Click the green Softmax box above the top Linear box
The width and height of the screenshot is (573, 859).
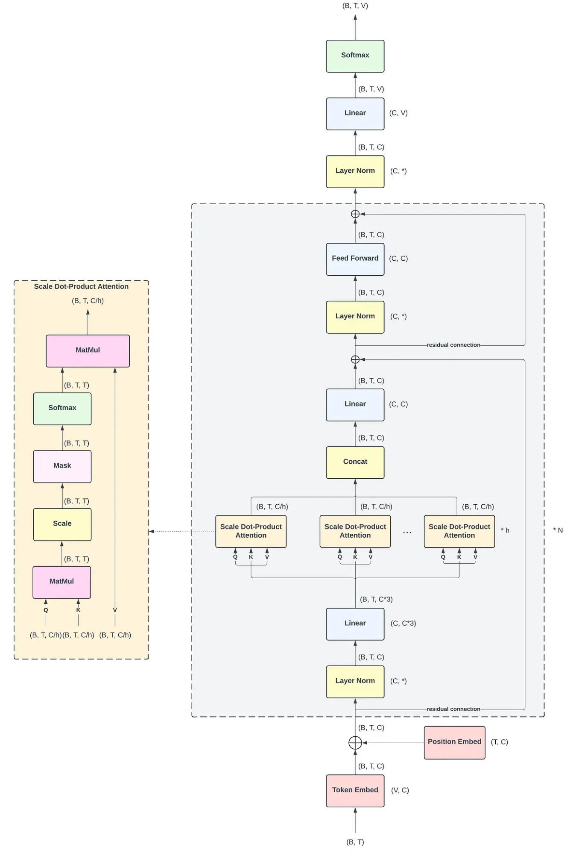tap(355, 56)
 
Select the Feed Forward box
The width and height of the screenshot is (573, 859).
tap(355, 259)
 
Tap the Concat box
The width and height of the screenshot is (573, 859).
tap(355, 462)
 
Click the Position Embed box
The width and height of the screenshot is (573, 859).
tap(454, 742)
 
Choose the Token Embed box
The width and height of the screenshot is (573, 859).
tap(355, 791)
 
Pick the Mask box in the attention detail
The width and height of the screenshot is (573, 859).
tap(62, 466)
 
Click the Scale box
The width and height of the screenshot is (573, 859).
tap(62, 524)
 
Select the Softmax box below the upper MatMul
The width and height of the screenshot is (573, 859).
tap(62, 409)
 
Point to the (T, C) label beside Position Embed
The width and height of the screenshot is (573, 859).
tap(499, 742)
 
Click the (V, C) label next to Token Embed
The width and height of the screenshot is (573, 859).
tap(400, 791)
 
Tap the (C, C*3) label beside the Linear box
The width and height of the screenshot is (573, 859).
tap(403, 624)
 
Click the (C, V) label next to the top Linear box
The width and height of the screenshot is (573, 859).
tap(398, 113)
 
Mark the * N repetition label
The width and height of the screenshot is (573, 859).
tap(558, 530)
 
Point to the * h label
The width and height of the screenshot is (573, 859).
tap(505, 530)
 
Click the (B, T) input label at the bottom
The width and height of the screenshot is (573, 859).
tap(355, 842)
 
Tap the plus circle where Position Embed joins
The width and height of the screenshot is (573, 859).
tap(355, 743)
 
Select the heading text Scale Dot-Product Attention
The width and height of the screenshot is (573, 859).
tap(81, 287)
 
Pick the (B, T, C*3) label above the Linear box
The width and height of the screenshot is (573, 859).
tap(376, 600)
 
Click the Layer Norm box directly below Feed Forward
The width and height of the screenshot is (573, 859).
tap(355, 317)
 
